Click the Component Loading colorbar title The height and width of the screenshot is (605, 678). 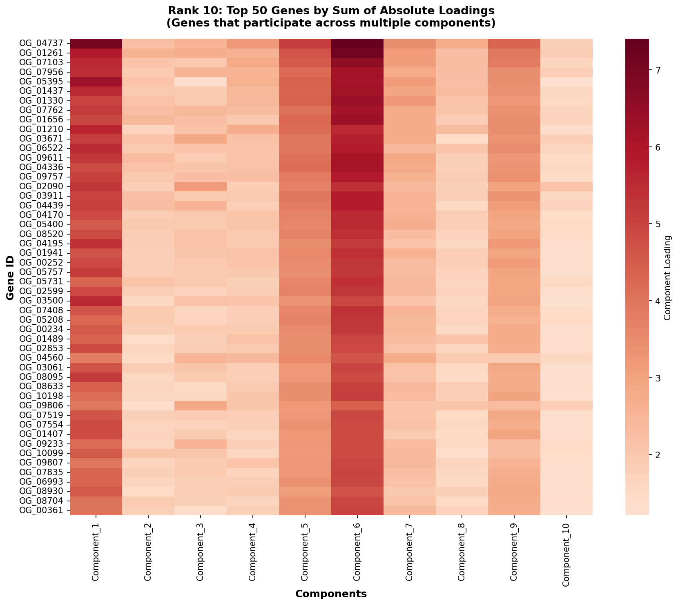pos(669,277)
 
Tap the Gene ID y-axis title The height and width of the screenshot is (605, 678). pos(10,277)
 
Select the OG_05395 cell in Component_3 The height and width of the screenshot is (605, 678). pos(200,82)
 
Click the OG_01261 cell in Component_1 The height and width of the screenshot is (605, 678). pos(96,53)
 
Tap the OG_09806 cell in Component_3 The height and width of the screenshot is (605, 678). pos(200,406)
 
